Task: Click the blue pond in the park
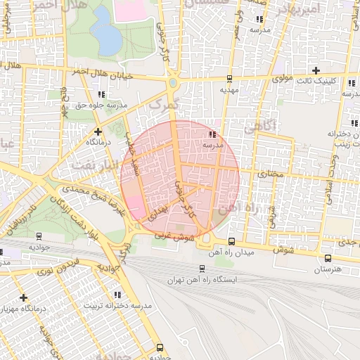click(105, 32)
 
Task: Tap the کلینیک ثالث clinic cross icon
click(316, 70)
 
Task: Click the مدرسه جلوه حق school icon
click(102, 94)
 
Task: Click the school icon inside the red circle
click(212, 134)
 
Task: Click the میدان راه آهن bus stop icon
click(232, 241)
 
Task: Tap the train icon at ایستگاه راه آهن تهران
click(202, 268)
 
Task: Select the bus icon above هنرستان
click(326, 258)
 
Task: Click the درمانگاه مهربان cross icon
click(24, 297)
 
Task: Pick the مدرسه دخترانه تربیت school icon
click(117, 295)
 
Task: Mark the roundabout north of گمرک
click(172, 84)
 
